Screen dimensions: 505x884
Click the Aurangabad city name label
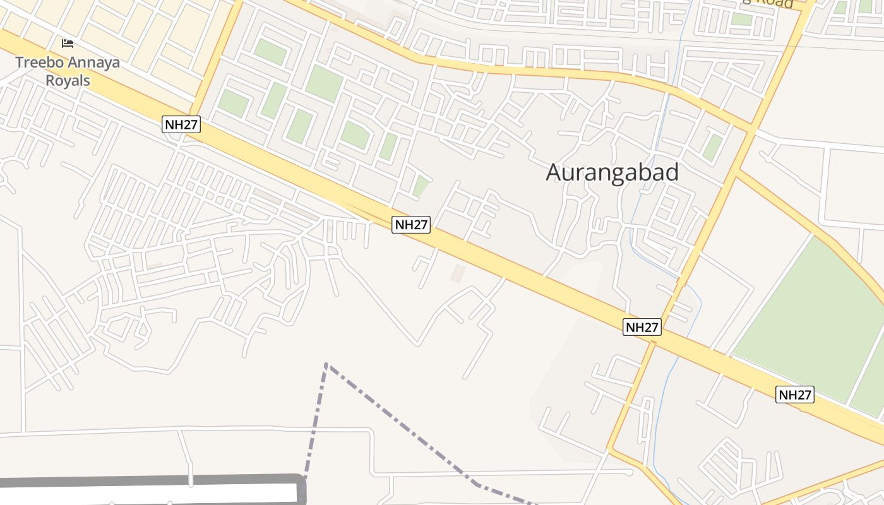click(x=612, y=172)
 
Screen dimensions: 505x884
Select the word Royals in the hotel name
click(x=68, y=81)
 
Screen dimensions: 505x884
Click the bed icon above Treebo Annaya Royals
click(x=68, y=44)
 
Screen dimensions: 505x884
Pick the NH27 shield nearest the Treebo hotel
click(x=182, y=124)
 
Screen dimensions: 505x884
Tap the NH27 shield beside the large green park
click(x=795, y=395)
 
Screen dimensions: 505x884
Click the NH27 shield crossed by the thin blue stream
click(x=642, y=327)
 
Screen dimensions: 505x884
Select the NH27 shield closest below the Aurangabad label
click(x=411, y=224)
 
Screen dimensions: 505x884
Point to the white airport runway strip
click(x=145, y=493)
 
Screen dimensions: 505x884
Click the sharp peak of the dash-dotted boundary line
click(x=326, y=364)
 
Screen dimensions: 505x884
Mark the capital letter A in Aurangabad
click(x=554, y=172)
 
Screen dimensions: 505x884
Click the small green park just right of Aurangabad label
click(x=713, y=147)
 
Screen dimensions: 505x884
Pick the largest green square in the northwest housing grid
click(x=324, y=83)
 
